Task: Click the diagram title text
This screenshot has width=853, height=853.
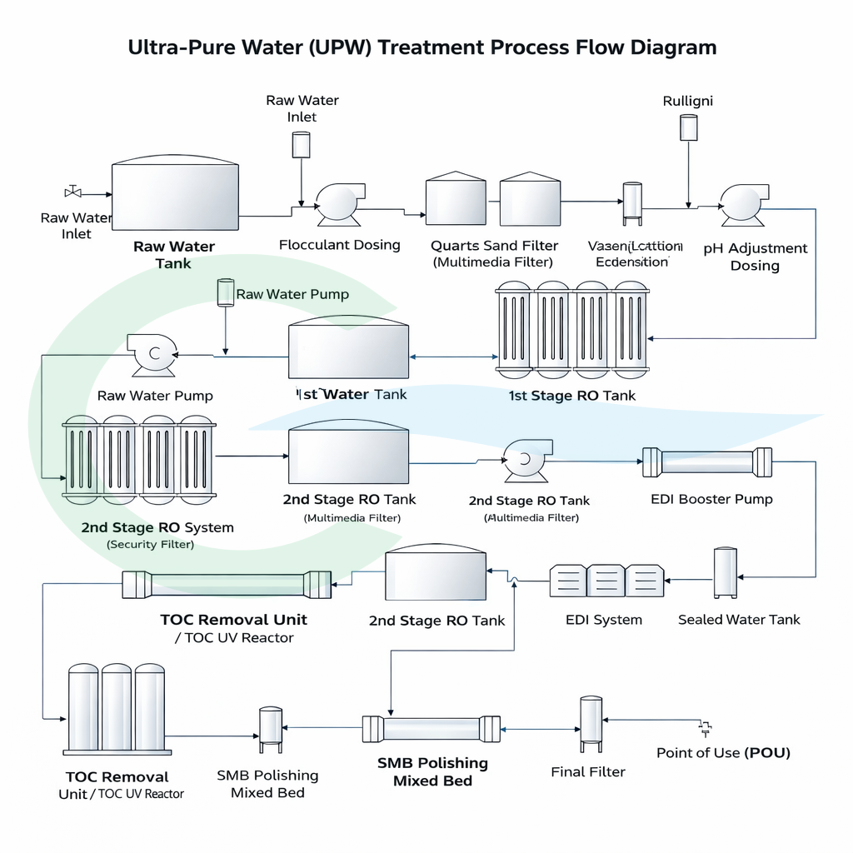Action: [422, 47]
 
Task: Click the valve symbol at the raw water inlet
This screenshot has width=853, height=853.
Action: [72, 191]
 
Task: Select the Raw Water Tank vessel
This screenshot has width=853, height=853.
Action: [175, 195]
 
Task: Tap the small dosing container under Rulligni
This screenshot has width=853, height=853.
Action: [688, 127]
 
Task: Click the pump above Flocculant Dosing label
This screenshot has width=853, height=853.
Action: [339, 202]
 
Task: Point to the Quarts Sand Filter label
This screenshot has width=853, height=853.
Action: [494, 246]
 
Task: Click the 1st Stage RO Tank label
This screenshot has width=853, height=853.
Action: [571, 396]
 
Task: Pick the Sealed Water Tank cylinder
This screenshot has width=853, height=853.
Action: [725, 572]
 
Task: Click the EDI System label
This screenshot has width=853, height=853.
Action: [603, 620]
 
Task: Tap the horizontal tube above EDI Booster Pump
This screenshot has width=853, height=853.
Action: [706, 462]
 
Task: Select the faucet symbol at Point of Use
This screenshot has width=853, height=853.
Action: [706, 729]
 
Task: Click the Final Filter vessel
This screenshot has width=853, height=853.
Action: [591, 723]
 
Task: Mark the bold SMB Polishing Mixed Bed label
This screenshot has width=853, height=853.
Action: [432, 771]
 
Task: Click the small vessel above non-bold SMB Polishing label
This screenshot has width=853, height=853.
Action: [270, 729]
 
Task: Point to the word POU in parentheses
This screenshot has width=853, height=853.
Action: [766, 752]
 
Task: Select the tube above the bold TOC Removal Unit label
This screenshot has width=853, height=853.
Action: [227, 584]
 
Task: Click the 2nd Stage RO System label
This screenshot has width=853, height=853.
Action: [157, 527]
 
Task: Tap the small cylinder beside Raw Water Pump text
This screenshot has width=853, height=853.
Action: [225, 292]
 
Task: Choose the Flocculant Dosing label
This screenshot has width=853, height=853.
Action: [339, 245]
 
